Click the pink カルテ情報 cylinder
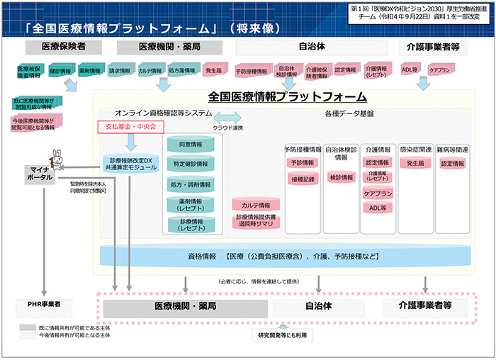(x=257, y=206)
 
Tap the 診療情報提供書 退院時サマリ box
(x=257, y=220)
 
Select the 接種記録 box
(x=303, y=179)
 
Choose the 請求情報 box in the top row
(x=119, y=71)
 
